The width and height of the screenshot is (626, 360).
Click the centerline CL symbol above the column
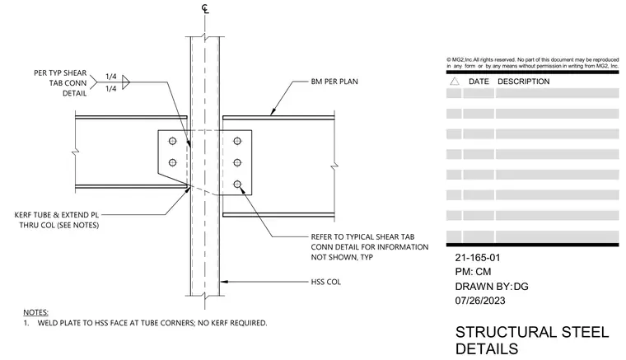pos(205,9)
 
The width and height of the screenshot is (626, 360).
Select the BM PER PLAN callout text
pos(334,82)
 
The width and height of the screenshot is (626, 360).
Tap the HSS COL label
pos(326,282)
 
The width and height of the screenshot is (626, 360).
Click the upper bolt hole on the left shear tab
pos(172,141)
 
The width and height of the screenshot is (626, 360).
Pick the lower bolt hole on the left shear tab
pos(172,162)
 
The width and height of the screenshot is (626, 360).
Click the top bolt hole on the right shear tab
pos(237,141)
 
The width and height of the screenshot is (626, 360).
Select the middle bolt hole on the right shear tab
pos(237,162)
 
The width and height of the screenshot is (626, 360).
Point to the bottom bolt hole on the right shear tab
pos(237,184)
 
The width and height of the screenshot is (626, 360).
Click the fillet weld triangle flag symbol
pos(126,82)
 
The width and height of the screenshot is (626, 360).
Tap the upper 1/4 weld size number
pos(111,77)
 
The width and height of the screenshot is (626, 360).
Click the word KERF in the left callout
pos(25,215)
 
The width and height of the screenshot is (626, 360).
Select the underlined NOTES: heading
pos(35,312)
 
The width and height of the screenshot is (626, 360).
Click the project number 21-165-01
pos(478,258)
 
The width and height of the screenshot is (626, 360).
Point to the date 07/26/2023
pos(480,301)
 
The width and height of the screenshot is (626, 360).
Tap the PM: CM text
pos(473,272)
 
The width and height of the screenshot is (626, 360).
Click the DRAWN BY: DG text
pos(492,287)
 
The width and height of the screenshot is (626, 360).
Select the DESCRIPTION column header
pos(523,82)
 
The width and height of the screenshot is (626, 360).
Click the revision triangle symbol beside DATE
pos(455,82)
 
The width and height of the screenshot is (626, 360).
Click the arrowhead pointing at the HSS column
pos(224,282)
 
